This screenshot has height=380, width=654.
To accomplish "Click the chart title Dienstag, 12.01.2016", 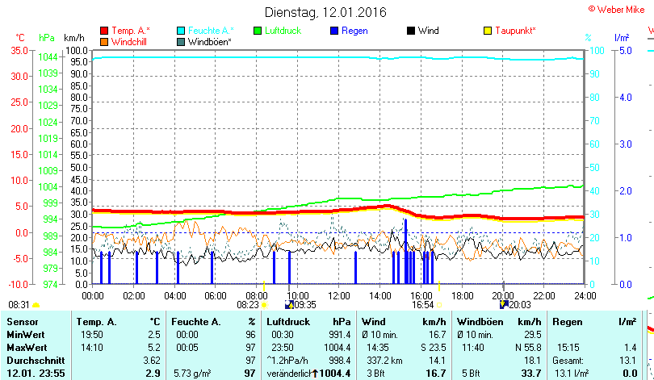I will click(325, 12).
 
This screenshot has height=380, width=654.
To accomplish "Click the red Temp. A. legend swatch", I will click(104, 31).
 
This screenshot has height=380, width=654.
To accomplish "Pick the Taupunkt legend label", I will click(515, 31).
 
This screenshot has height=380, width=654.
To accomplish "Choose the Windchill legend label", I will click(130, 41).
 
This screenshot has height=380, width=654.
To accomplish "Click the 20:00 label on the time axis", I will click(503, 295).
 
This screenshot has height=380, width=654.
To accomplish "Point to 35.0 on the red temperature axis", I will click(18, 50).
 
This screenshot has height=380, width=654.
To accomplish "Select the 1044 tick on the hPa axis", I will click(48, 56).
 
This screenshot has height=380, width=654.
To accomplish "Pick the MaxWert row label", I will click(27, 348).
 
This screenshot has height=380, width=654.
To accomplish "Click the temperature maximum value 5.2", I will click(153, 348).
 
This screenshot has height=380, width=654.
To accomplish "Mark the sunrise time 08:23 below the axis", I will click(248, 305).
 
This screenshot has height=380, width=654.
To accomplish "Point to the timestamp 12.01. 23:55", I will click(41, 373).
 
